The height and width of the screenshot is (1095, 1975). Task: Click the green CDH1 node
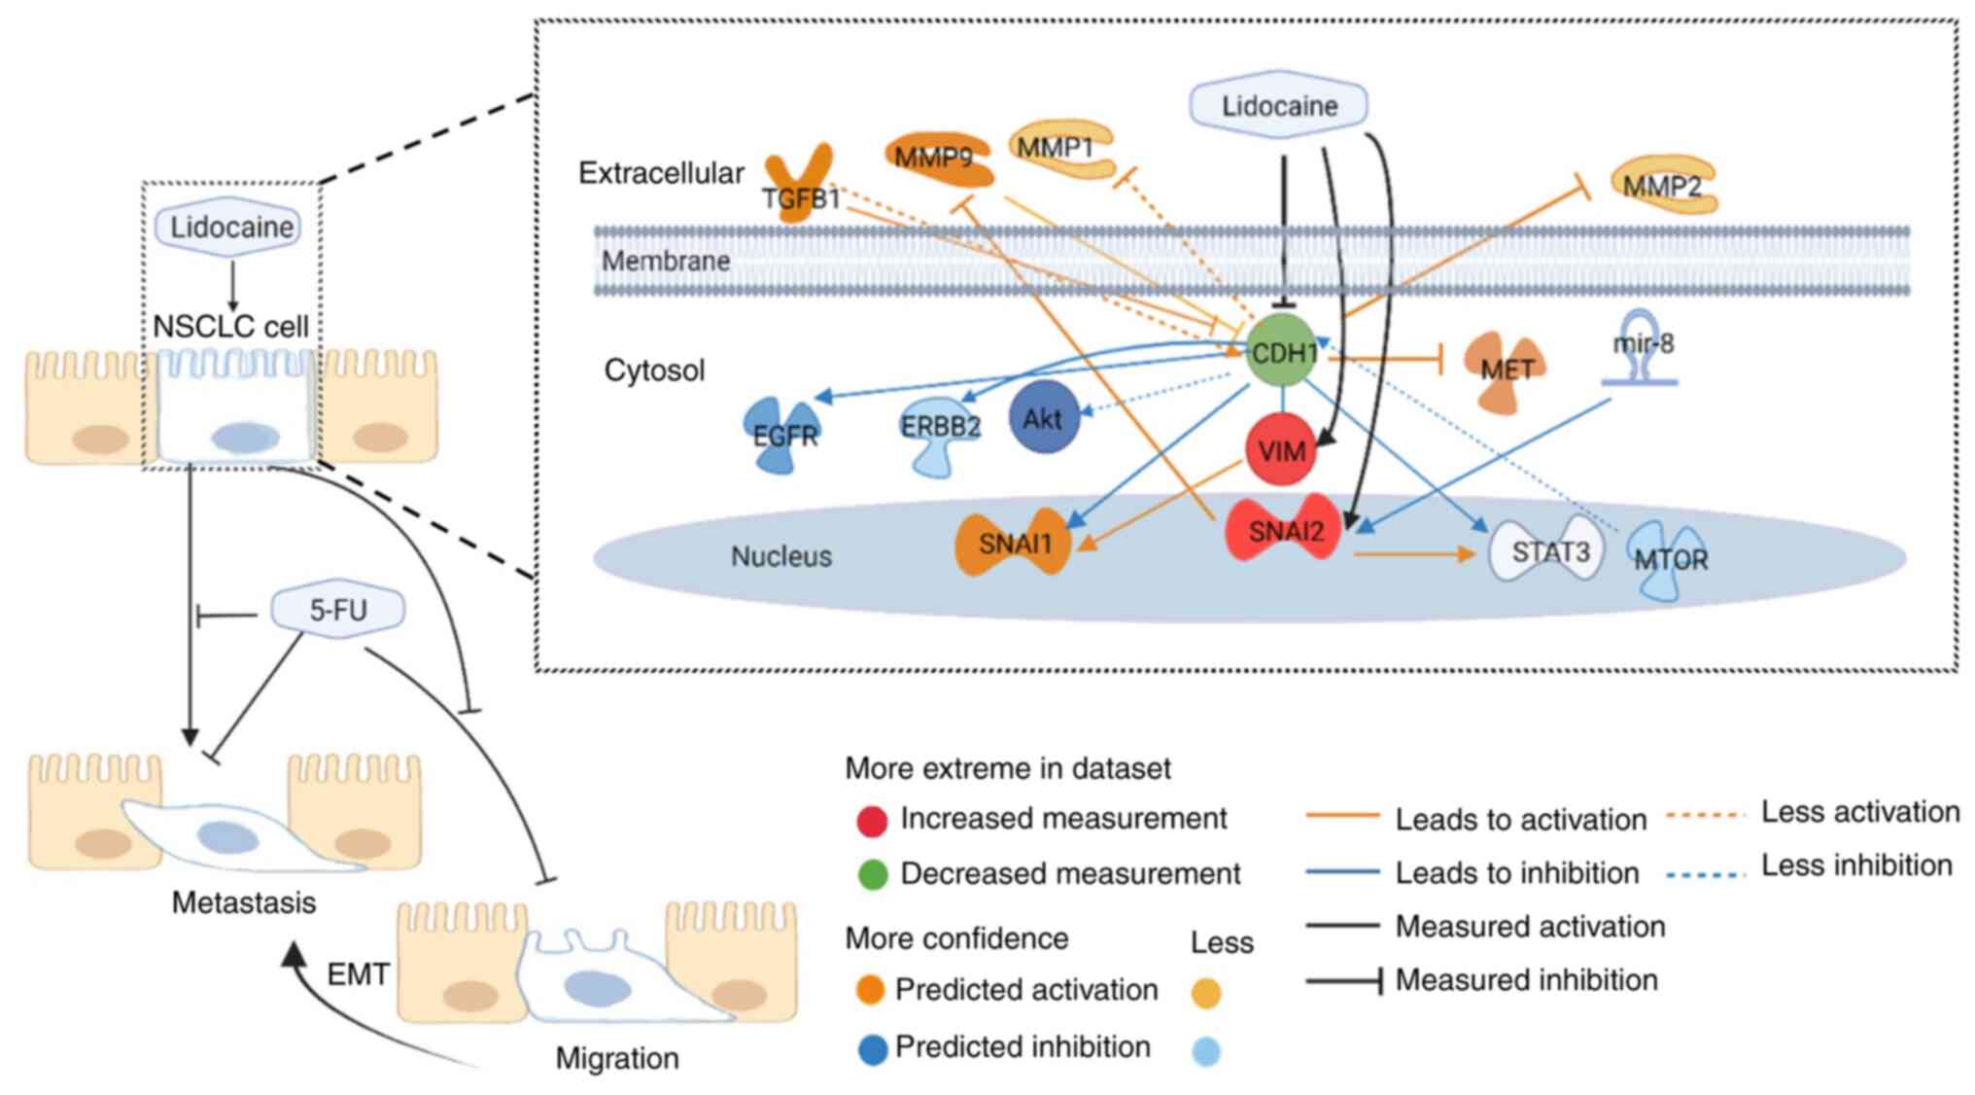pos(1282,351)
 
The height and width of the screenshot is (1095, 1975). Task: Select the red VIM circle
pos(1281,450)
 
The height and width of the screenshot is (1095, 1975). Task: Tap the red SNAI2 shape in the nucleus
pos(1284,530)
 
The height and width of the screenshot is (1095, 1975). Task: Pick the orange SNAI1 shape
pos(1014,543)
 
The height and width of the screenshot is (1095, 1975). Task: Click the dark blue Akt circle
pos(1044,418)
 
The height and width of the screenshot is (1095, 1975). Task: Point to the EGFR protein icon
pos(782,435)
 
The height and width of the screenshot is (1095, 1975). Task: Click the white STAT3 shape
pos(1547,551)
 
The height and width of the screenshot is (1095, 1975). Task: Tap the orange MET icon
pos(1506,371)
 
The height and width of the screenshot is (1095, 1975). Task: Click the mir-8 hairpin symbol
pos(1642,348)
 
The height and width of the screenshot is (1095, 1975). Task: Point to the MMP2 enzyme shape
pos(1663,184)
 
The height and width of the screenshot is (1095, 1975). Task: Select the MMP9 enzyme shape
pos(938,158)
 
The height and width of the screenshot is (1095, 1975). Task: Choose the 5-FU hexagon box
pos(337,610)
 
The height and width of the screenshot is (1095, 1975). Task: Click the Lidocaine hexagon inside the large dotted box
pos(1279,105)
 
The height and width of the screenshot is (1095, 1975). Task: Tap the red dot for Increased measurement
pos(872,821)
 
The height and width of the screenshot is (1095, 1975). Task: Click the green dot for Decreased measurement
pos(873,874)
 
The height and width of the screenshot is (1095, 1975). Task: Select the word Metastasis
pos(244,902)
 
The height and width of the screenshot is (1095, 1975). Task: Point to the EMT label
pos(358,974)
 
